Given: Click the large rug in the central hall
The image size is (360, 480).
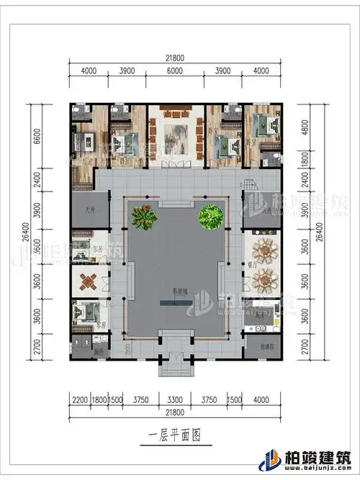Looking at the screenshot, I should (176, 135).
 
